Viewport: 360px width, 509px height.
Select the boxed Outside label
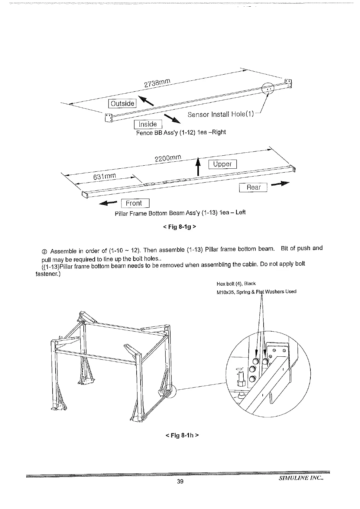tap(122, 103)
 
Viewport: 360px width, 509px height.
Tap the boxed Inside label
tap(148, 124)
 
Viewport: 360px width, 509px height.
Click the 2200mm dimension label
tap(168, 158)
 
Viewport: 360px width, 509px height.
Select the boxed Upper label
tap(222, 164)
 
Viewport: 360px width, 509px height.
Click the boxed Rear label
tap(253, 187)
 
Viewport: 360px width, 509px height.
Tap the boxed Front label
tap(135, 203)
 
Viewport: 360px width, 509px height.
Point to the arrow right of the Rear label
tap(280, 184)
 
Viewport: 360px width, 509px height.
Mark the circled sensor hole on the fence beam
tap(268, 89)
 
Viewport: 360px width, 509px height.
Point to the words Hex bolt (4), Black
tap(236, 284)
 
